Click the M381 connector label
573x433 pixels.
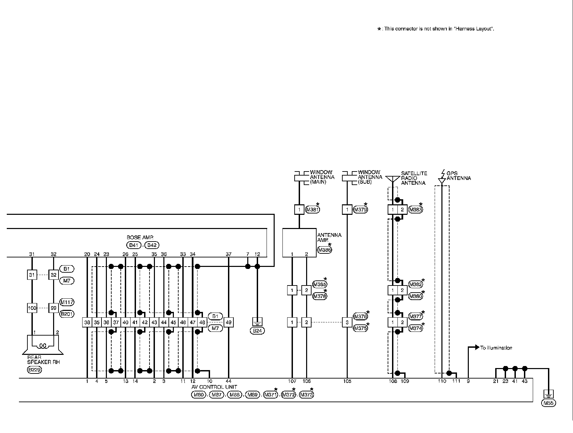point(312,210)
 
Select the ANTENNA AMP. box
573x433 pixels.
point(299,243)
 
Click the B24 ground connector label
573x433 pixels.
point(257,331)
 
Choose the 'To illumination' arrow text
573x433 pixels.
point(496,348)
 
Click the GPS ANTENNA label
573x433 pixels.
point(458,176)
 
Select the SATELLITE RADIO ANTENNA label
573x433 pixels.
point(414,178)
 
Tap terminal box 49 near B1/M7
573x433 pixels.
point(229,322)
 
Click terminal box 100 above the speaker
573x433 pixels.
point(32,308)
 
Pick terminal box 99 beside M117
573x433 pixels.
point(53,308)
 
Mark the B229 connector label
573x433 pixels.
point(35,370)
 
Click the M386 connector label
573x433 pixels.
point(324,250)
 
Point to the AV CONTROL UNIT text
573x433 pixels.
point(214,387)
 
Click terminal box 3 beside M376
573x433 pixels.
point(347,322)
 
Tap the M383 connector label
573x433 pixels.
point(415,210)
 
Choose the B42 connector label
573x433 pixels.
point(152,245)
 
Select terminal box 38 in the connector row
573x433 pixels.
point(87,322)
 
